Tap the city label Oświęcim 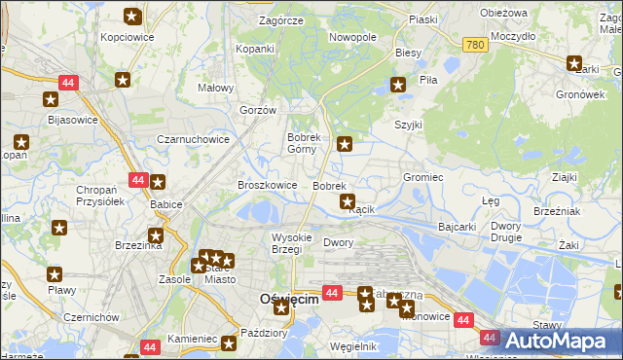pos(289,300)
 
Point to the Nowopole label pos(352,37)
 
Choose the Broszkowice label pos(268,185)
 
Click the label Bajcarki pos(458,227)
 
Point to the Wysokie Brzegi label pos(291,243)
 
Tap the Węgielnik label pos(353,346)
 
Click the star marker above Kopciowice pos(133,16)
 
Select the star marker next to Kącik pos(348,201)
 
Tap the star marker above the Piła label pos(398,85)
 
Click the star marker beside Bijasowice pos(51,98)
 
